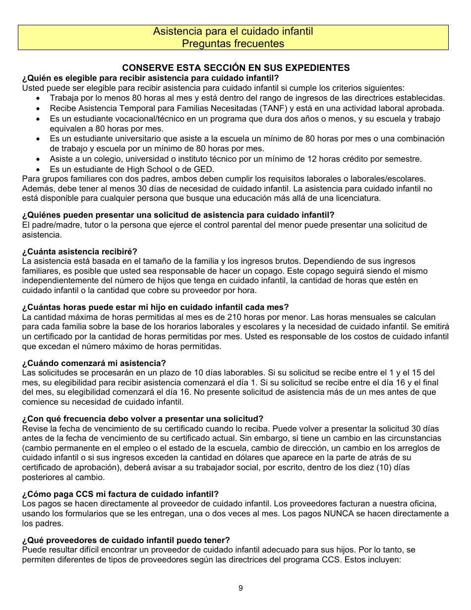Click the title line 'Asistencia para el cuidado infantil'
233,32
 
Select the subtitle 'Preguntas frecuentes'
233,44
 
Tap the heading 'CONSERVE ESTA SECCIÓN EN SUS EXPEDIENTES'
236,68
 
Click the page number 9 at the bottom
240,588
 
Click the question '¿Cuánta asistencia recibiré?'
80,251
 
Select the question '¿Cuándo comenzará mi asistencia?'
94,363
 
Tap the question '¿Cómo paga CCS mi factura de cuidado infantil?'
120,494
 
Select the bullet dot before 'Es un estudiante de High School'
39,169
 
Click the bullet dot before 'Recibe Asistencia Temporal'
39,109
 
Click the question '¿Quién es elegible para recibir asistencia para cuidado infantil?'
150,78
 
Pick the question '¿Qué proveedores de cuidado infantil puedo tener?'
126,540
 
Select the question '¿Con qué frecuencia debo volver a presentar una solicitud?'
143,419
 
